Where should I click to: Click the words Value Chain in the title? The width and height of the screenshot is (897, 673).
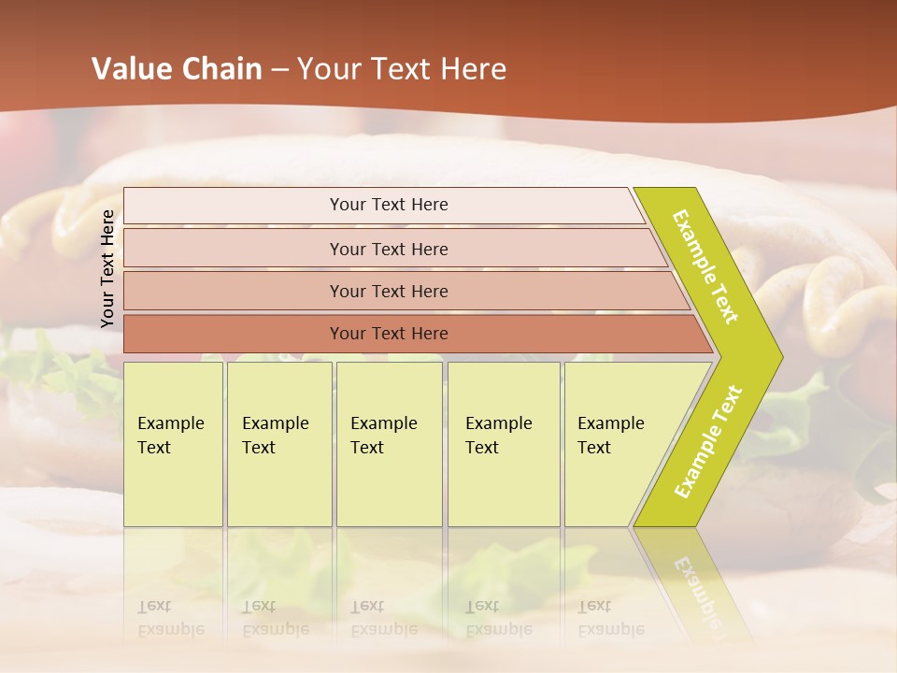click(177, 69)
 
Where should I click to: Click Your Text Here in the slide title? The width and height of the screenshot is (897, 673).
click(402, 69)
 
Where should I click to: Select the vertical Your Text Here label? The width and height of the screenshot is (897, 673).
click(107, 268)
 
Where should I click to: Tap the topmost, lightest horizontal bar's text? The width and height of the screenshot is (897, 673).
click(389, 205)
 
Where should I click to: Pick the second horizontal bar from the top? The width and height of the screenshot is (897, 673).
click(389, 249)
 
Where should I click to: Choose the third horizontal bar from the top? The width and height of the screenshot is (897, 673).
click(389, 292)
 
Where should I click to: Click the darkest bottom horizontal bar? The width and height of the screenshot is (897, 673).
click(389, 334)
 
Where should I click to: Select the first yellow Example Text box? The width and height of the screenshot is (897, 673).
click(172, 436)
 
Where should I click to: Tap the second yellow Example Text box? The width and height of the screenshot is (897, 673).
click(278, 436)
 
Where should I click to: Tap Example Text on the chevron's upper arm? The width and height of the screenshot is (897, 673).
click(705, 266)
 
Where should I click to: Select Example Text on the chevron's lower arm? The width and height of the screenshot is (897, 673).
click(708, 442)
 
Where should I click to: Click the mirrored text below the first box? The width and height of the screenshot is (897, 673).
click(171, 619)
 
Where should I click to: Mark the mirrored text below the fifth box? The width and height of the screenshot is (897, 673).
click(611, 619)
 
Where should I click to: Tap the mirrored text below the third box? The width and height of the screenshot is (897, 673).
click(384, 619)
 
